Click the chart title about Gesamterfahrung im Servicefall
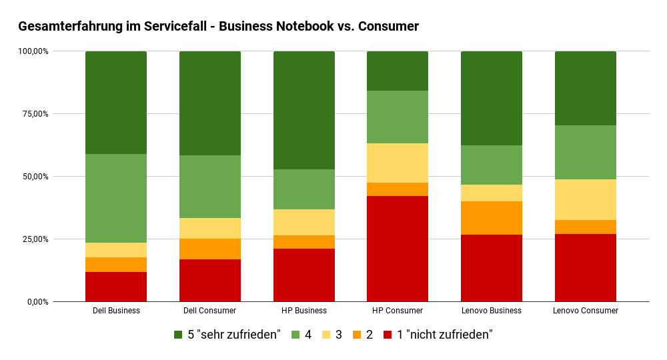pyautogui.click(x=218, y=27)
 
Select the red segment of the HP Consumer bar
pyautogui.click(x=398, y=249)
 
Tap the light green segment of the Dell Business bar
pyautogui.click(x=116, y=198)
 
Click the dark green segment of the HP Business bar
pyautogui.click(x=304, y=110)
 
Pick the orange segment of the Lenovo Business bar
pyautogui.click(x=492, y=218)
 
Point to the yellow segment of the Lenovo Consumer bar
pyautogui.click(x=586, y=199)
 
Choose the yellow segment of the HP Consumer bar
pyautogui.click(x=398, y=163)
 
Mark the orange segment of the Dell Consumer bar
pyautogui.click(x=210, y=249)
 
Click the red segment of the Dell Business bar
pyautogui.click(x=116, y=287)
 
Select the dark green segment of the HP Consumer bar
pyautogui.click(x=398, y=71)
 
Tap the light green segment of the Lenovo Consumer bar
pyautogui.click(x=586, y=152)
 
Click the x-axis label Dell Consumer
pyautogui.click(x=210, y=311)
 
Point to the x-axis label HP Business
pyautogui.click(x=304, y=311)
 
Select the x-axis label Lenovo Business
pyautogui.click(x=492, y=311)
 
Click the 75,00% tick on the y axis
pyautogui.click(x=33, y=114)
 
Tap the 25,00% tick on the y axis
pyautogui.click(x=33, y=239)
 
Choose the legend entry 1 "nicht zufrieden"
pyautogui.click(x=444, y=335)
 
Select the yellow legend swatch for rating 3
pyautogui.click(x=327, y=335)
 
